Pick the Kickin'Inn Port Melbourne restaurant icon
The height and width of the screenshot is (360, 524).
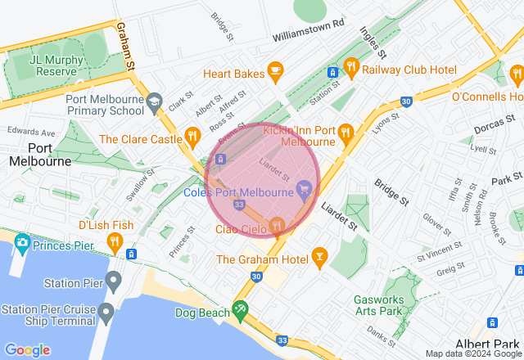[x=346, y=132]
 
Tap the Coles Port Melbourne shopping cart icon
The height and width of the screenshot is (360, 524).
[x=305, y=189]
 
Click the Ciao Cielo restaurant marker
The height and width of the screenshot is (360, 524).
[x=277, y=225]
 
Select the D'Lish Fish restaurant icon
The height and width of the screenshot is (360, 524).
[x=115, y=242]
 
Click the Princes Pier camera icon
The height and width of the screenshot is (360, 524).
[x=21, y=242]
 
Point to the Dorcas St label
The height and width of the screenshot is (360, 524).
[x=492, y=125]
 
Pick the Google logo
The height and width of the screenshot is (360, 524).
[x=28, y=350]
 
